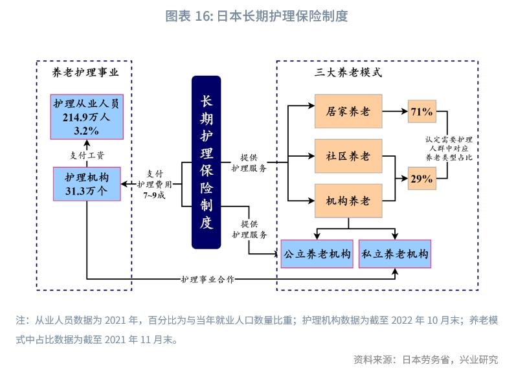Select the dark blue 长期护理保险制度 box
pos(207,163)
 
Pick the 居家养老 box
pos(348,111)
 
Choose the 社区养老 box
pos(348,156)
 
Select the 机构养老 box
pos(348,200)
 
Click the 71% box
pos(421,112)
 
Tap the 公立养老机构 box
pos(316,254)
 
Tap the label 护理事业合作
pos(207,279)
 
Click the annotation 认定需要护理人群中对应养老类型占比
pos(449,148)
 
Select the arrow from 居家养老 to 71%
pos(395,112)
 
